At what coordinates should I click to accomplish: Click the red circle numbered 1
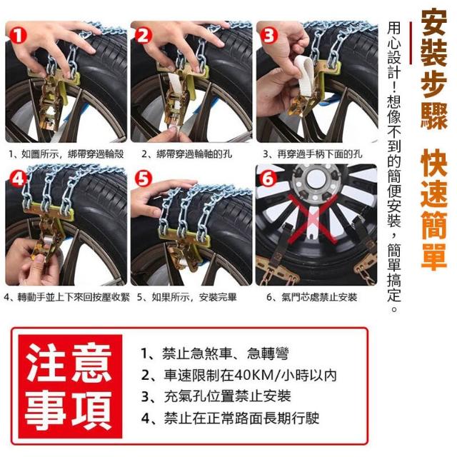(18, 35)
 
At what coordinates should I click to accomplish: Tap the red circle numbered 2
(143, 35)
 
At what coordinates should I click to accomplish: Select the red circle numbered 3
(268, 35)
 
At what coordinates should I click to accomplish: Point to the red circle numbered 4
(18, 178)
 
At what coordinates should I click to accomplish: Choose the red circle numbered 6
(268, 178)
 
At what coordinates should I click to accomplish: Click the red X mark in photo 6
(313, 219)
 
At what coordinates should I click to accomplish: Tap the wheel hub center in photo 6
(316, 178)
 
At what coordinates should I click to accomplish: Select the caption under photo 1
(66, 154)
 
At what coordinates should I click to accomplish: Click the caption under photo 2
(187, 154)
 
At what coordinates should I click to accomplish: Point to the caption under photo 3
(313, 154)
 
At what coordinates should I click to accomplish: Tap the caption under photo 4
(67, 297)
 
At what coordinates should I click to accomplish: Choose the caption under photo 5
(187, 297)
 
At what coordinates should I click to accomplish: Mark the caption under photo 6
(312, 297)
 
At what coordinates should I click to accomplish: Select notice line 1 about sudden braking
(215, 353)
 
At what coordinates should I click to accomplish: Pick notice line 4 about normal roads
(230, 418)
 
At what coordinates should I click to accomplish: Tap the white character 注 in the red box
(45, 362)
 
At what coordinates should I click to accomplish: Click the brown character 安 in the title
(434, 22)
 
